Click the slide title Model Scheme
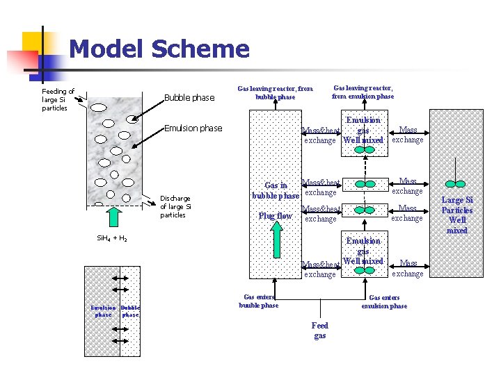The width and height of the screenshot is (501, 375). pos(159,49)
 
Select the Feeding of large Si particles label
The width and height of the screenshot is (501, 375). pos(58,99)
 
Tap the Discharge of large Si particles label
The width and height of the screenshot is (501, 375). pos(175,206)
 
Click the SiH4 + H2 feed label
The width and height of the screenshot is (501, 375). pos(111,238)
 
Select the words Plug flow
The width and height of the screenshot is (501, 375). pos(276,216)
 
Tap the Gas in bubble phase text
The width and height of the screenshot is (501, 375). pos(276,190)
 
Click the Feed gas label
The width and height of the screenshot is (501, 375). pos(320,331)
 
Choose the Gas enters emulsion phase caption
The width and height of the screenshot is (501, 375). pos(384,301)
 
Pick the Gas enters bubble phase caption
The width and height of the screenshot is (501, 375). pos(259,301)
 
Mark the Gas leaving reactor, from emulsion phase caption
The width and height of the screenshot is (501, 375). pos(363,92)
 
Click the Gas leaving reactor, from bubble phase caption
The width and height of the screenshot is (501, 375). pos(275,92)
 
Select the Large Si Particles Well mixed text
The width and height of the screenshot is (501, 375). pos(456,215)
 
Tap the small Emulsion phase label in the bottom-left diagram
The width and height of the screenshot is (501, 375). pos(103,311)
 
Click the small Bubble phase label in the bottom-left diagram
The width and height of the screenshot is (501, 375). pos(130,311)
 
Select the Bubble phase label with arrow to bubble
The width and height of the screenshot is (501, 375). pos(189,98)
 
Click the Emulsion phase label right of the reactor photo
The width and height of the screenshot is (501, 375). pos(193,128)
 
